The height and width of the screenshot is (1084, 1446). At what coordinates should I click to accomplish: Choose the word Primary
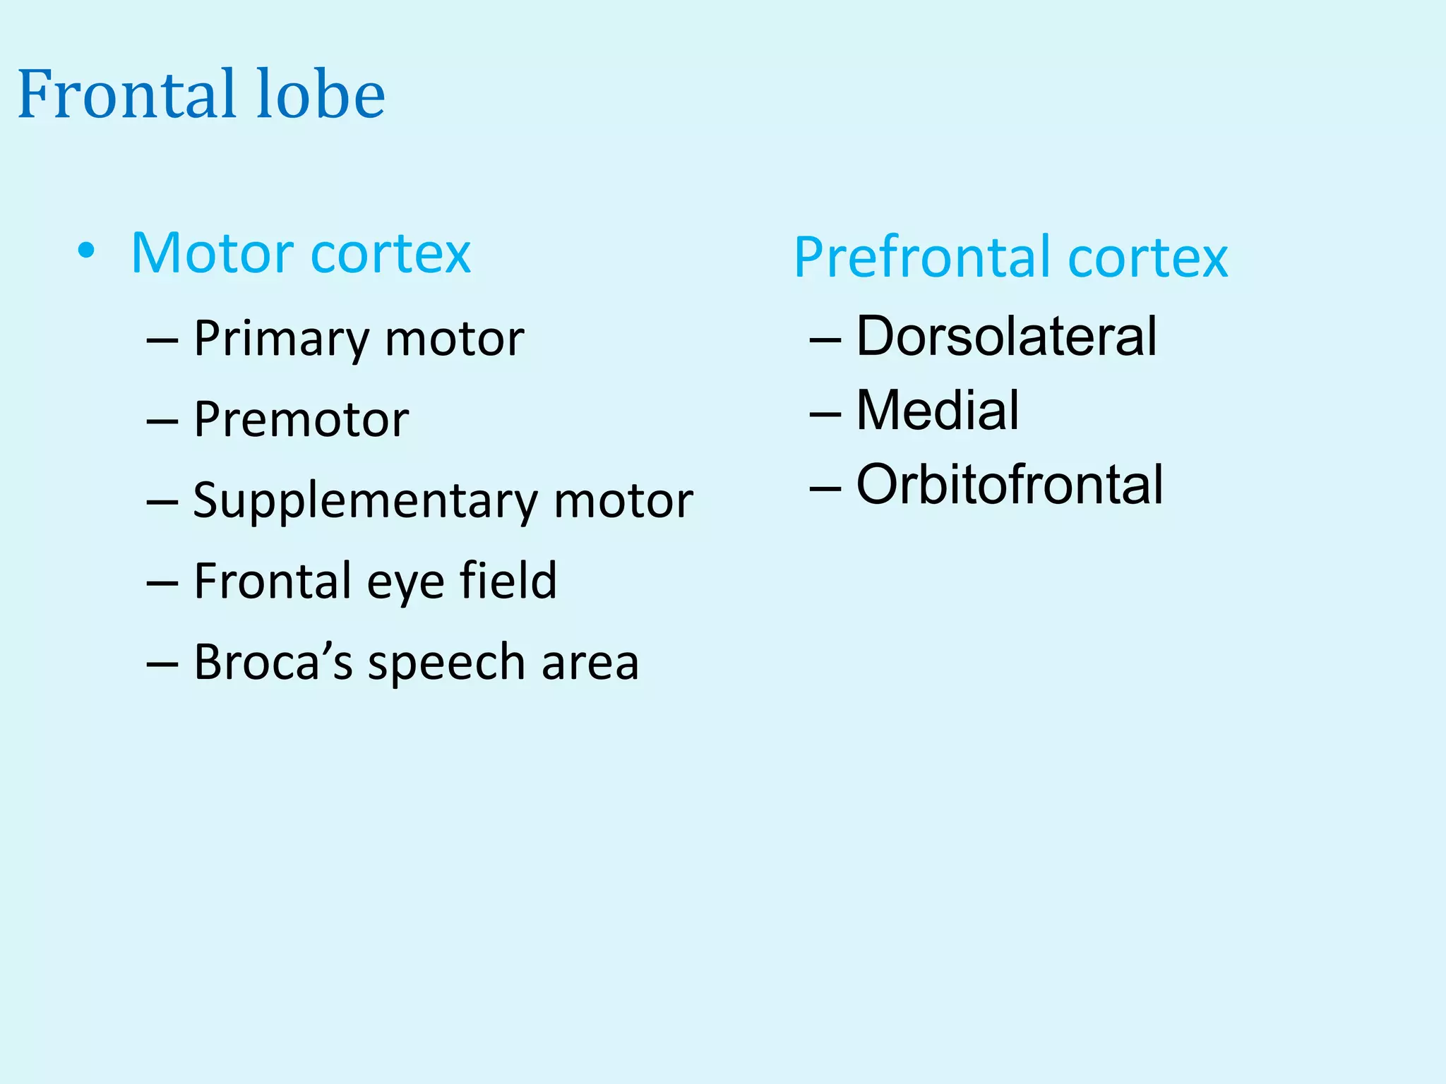coord(281,339)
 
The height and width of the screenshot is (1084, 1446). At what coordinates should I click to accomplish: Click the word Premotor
coord(301,420)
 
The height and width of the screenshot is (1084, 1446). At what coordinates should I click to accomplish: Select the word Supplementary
coord(365,502)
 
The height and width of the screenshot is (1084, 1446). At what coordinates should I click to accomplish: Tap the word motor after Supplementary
coord(623,501)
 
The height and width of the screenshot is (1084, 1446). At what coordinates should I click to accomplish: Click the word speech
coord(446,663)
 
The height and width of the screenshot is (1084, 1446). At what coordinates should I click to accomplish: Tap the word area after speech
coord(590,663)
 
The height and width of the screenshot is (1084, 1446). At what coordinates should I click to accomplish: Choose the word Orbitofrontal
coord(1010,485)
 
